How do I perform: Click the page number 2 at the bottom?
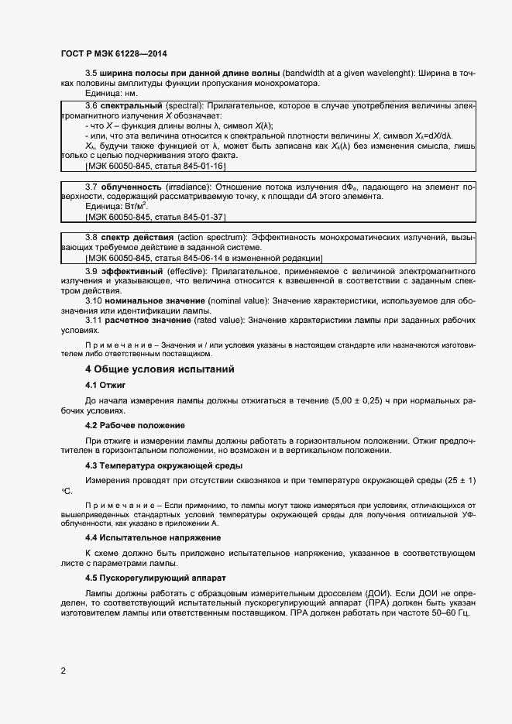coord(64,671)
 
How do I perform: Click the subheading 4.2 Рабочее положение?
coord(135,425)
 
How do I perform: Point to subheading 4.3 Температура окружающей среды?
coord(163,465)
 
